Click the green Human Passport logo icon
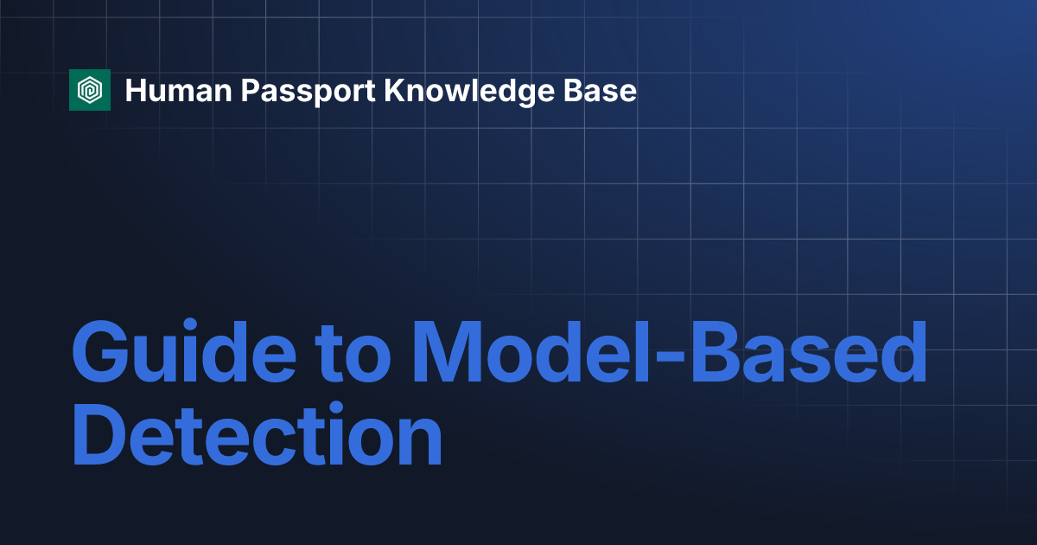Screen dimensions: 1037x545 click(x=90, y=90)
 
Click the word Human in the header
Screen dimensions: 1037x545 click(x=179, y=90)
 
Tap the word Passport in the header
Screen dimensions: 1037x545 click(x=308, y=93)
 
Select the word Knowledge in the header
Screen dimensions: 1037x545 click(x=469, y=92)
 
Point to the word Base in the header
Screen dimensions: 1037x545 click(x=600, y=90)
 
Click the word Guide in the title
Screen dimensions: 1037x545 click(x=184, y=351)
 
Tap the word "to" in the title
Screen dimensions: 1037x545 click(x=353, y=355)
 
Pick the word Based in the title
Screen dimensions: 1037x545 click(x=809, y=351)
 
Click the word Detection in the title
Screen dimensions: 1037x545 click(x=258, y=434)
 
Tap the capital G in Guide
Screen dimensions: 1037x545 click(x=100, y=351)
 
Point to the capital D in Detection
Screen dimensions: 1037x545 click(x=99, y=433)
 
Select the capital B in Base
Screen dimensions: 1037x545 click(x=573, y=90)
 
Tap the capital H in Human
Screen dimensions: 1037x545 click(x=136, y=90)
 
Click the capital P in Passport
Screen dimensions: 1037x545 click(x=251, y=90)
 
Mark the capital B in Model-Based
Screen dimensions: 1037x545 click(x=716, y=351)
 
